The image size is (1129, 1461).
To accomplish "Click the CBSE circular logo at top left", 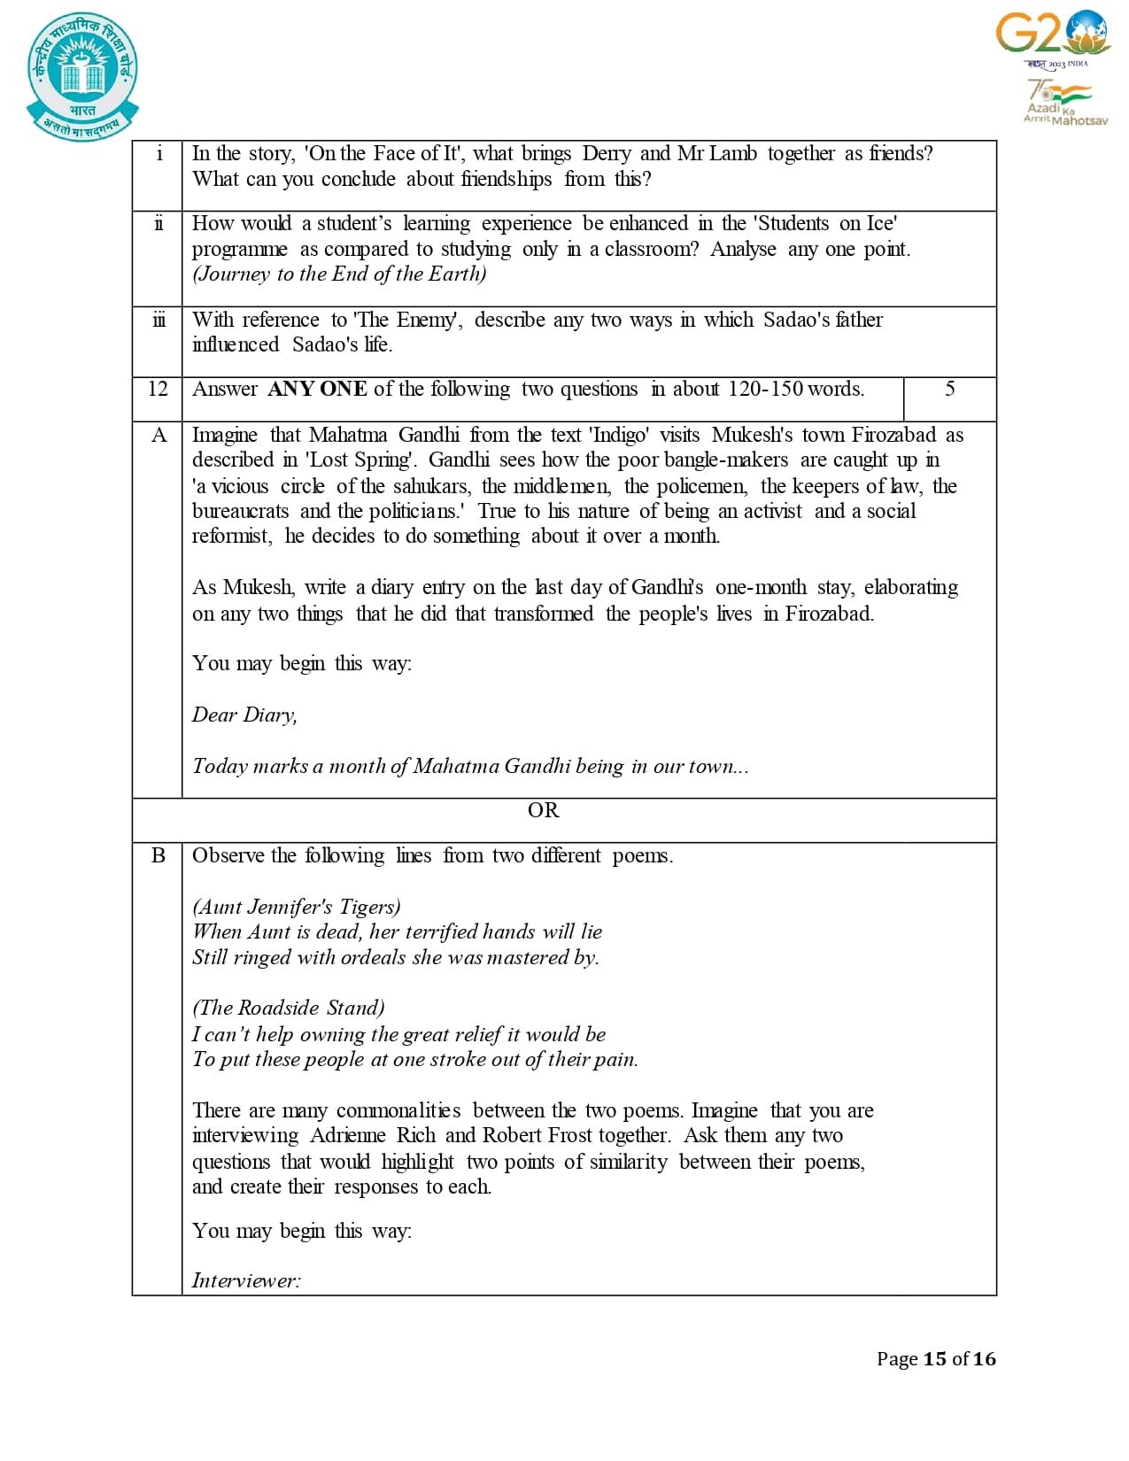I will (82, 75).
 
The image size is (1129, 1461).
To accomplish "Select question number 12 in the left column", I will (158, 389).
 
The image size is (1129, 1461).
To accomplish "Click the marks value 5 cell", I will (949, 389).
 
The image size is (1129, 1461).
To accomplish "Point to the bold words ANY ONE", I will (317, 389).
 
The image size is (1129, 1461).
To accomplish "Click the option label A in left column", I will (159, 435).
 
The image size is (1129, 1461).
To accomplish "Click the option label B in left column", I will (159, 855).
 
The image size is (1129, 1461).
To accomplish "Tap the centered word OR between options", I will (543, 810).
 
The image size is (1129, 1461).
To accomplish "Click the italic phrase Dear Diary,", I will (244, 715).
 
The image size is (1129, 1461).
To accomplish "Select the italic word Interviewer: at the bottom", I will (246, 1280).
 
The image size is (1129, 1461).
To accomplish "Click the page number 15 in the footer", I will (934, 1358).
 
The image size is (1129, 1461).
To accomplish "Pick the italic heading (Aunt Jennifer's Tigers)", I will (297, 907).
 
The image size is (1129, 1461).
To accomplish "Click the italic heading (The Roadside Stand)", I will (289, 1008).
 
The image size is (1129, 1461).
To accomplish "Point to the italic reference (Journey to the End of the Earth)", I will (339, 274).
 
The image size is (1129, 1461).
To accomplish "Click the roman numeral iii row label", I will (159, 320).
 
